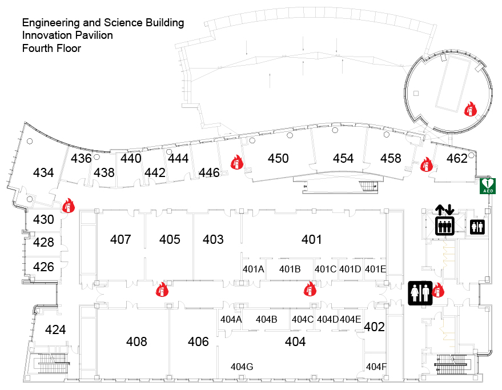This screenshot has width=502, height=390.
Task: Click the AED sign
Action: tap(487, 186)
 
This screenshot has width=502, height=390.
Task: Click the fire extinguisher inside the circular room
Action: tap(470, 108)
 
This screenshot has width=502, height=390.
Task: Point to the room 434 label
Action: tap(43, 172)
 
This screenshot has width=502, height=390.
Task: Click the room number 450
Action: tap(278, 159)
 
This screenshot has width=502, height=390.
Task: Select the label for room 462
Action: tap(456, 159)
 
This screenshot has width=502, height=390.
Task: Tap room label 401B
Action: tap(290, 269)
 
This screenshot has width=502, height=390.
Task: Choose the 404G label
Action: tap(242, 366)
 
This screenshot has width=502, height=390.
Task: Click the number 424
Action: tap(55, 329)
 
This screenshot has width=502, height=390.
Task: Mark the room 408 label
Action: tap(136, 341)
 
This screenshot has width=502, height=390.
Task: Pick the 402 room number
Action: tap(374, 327)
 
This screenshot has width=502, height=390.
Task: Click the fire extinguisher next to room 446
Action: tap(237, 163)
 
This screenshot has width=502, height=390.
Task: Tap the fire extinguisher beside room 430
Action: tap(69, 206)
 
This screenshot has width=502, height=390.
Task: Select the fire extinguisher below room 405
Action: tap(162, 290)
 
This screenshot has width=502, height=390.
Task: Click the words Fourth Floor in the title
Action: tap(51, 49)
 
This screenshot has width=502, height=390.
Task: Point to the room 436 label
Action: tap(81, 158)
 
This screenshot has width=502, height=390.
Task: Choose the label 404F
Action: tap(376, 366)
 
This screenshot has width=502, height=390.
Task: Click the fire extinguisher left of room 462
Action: tap(425, 165)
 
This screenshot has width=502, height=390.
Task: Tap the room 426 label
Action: tap(43, 267)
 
